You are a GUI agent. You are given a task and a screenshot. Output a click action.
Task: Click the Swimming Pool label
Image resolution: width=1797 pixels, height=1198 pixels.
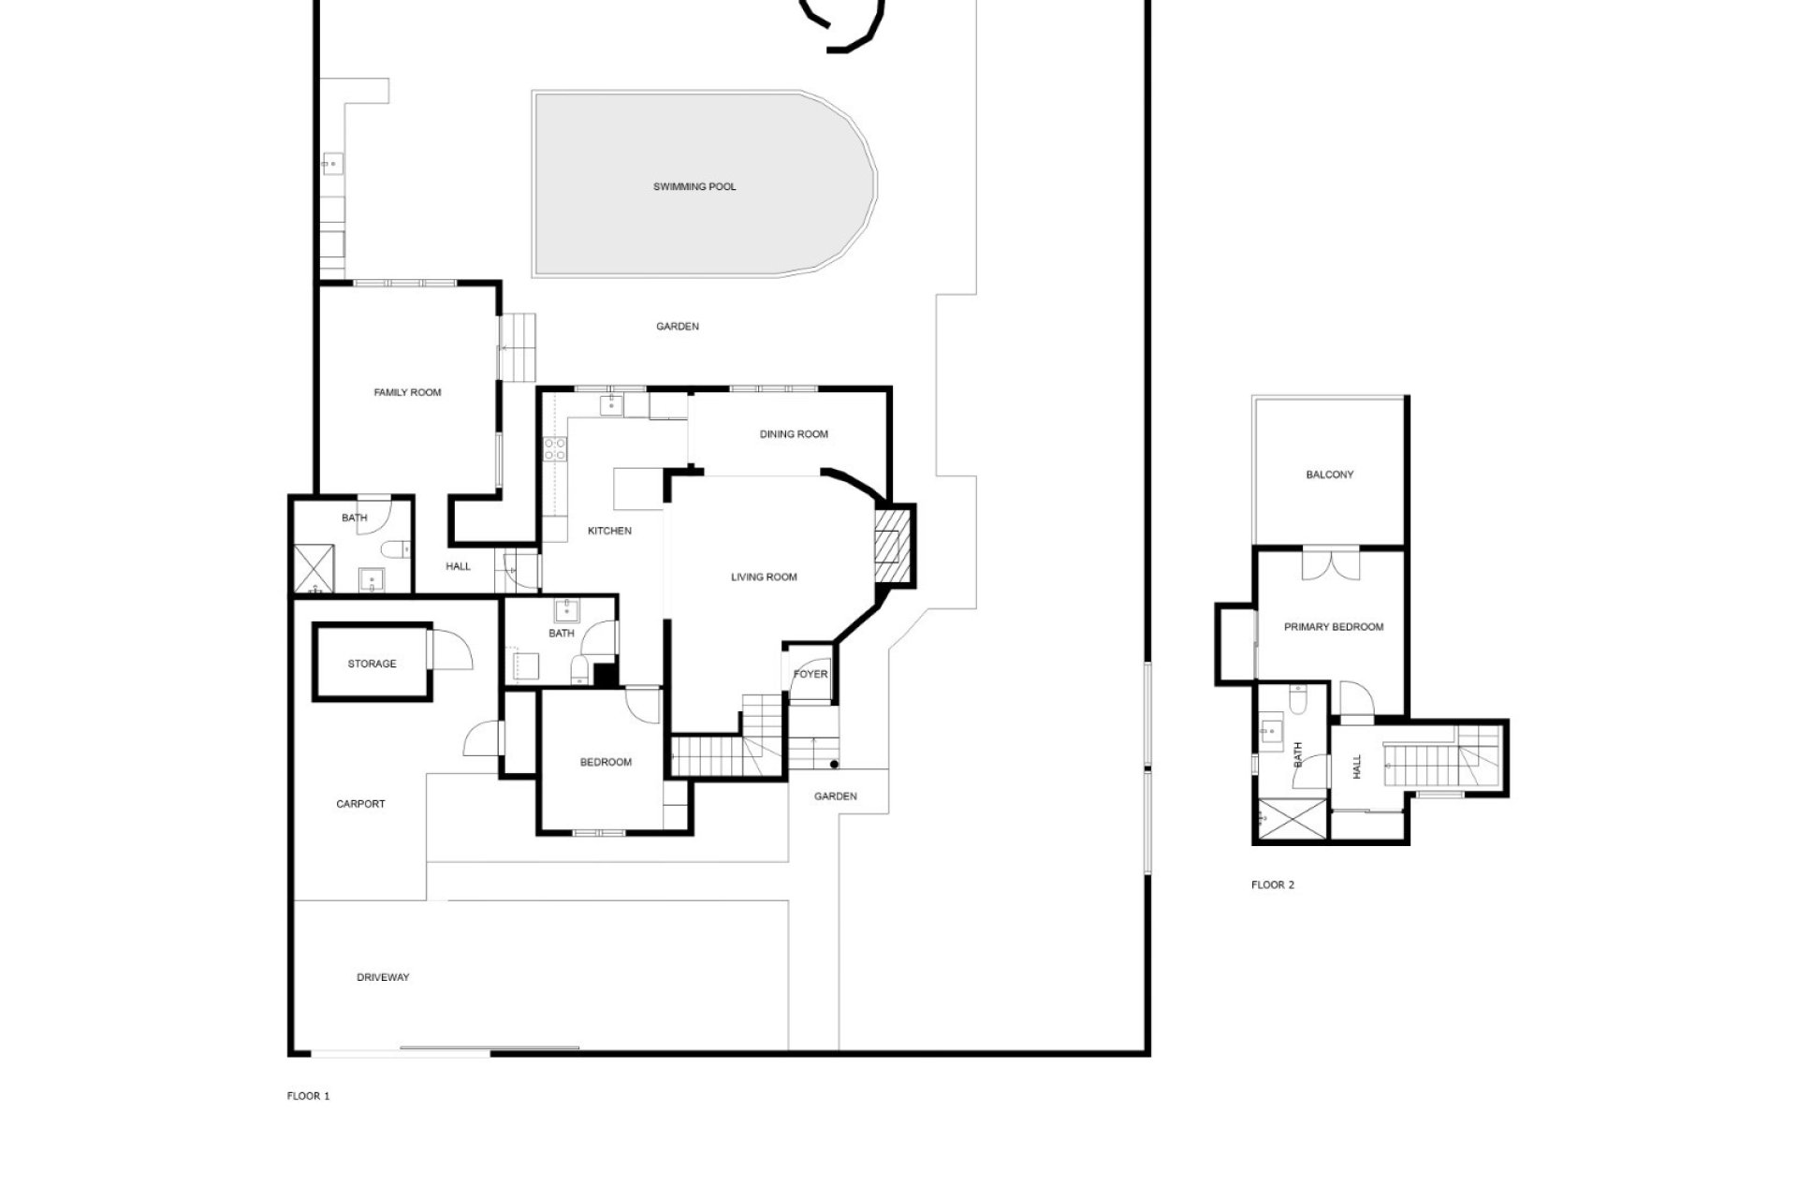click(x=694, y=187)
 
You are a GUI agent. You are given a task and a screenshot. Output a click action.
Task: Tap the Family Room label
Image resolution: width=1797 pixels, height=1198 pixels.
click(x=407, y=393)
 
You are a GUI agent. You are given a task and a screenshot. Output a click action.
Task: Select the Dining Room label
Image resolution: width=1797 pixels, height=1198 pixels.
click(x=794, y=434)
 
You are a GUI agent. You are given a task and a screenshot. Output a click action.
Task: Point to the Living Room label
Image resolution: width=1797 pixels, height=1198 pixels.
click(x=764, y=577)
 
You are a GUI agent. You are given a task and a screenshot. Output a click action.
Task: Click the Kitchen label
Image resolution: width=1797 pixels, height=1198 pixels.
click(x=609, y=532)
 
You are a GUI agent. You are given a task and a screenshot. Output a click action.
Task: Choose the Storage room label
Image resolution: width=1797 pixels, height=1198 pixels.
click(x=372, y=665)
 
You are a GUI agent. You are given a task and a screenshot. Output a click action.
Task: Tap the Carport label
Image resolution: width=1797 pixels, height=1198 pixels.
click(x=360, y=804)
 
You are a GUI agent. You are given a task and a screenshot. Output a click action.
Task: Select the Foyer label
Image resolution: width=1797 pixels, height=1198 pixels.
click(x=811, y=675)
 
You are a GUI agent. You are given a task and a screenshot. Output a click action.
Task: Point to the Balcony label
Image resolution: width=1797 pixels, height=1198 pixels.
click(x=1329, y=475)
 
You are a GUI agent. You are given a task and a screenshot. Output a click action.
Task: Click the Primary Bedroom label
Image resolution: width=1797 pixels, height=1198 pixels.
click(x=1333, y=627)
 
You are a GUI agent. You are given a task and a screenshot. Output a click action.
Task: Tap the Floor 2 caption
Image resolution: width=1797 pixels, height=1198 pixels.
click(x=1272, y=885)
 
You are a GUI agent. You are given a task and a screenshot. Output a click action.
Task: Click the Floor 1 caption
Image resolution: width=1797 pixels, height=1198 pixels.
click(x=308, y=1096)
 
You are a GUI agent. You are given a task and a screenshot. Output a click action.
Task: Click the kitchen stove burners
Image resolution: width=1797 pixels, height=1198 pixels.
click(x=554, y=449)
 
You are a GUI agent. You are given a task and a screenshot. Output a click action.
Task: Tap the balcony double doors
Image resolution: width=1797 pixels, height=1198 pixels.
click(x=1330, y=563)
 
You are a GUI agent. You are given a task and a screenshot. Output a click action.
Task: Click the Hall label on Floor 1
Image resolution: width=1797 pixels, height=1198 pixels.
click(x=458, y=567)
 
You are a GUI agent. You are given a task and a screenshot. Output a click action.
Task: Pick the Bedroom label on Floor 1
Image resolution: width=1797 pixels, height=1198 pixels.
click(x=606, y=763)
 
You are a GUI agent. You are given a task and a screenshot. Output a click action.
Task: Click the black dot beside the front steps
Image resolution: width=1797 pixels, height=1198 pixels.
click(x=834, y=765)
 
